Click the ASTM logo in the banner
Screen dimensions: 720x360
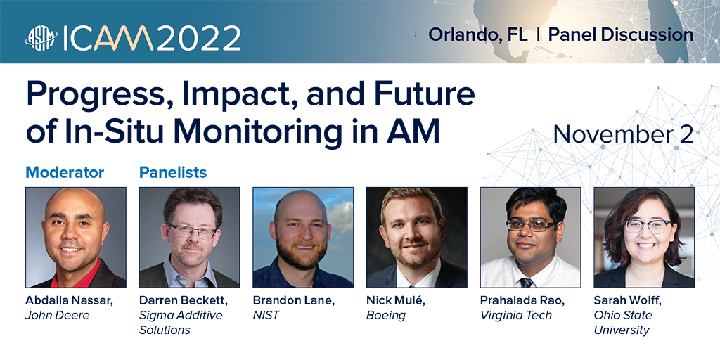[x=41, y=37]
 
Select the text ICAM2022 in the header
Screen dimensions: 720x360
[x=152, y=38]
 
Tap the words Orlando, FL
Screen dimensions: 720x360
[x=478, y=35]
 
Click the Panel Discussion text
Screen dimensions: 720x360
[x=621, y=34]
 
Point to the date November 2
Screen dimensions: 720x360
[x=623, y=134]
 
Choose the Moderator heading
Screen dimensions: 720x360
[x=65, y=172]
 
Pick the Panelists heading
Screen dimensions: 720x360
[x=173, y=172]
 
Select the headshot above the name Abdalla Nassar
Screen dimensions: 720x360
[x=76, y=238]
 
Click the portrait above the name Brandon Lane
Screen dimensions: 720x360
[x=303, y=238]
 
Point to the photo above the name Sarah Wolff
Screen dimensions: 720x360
[x=644, y=238]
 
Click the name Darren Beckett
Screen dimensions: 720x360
[x=184, y=301]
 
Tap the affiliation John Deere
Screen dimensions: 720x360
[x=58, y=316]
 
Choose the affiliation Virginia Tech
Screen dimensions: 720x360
[x=515, y=316]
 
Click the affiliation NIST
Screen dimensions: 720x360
[x=266, y=316]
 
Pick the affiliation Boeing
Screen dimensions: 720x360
[x=386, y=316]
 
